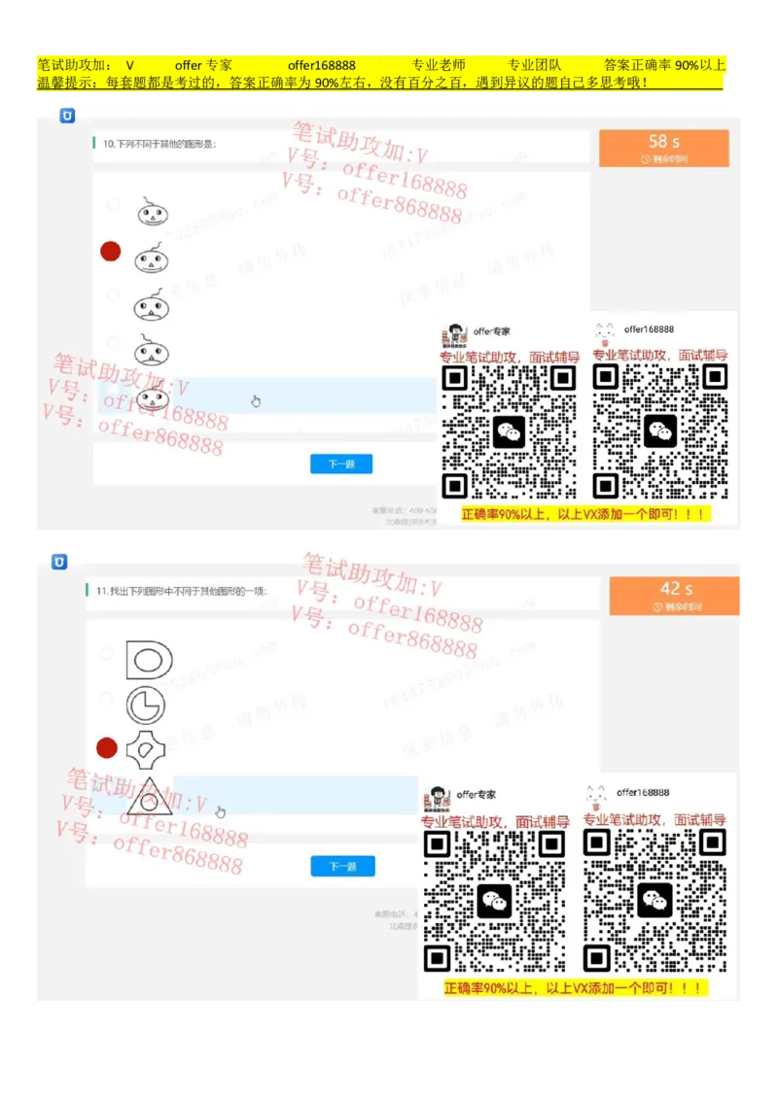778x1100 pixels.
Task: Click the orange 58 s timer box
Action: (x=663, y=148)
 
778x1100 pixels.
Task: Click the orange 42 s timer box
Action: (x=675, y=595)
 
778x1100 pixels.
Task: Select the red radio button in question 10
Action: (x=111, y=252)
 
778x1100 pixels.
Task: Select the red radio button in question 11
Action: (x=107, y=747)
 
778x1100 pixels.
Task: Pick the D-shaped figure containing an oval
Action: (x=149, y=660)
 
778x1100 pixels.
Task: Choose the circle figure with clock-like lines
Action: (x=146, y=705)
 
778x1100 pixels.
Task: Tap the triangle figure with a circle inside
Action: (x=149, y=797)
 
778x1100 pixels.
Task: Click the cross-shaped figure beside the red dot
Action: (x=147, y=749)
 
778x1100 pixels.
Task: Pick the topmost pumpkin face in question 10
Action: (x=151, y=212)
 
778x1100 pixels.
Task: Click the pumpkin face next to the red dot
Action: (x=151, y=258)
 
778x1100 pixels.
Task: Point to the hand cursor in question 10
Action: (x=256, y=400)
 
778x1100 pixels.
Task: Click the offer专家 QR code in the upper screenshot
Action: (x=509, y=431)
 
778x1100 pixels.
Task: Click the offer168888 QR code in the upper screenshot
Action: (x=660, y=431)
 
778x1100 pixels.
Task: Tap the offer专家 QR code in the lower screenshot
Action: (x=494, y=901)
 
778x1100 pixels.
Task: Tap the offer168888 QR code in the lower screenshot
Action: (x=654, y=901)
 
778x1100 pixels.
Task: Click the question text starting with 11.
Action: (x=181, y=591)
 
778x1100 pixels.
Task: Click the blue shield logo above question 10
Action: (x=67, y=116)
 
